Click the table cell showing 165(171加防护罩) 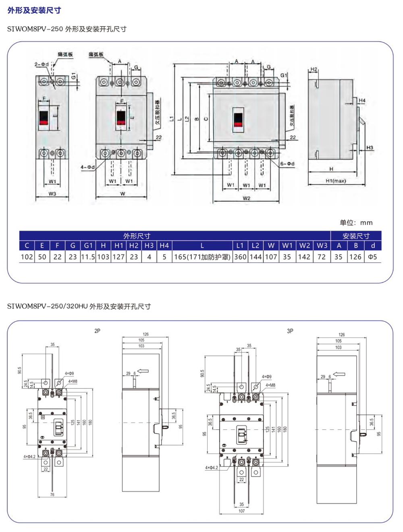click(202, 257)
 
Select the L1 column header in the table click(240, 245)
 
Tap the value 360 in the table click(240, 257)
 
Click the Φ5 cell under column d click(372, 257)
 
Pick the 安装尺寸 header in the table click(356, 236)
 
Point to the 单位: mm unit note click(356, 223)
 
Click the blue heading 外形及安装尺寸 click(34, 10)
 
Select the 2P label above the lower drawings click(97, 331)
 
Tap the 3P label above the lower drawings click(290, 331)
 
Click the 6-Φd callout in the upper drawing click(287, 164)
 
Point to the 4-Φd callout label click(87, 167)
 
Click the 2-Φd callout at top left click(41, 64)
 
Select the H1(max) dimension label click(336, 181)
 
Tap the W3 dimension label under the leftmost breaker click(52, 194)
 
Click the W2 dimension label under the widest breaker click(246, 198)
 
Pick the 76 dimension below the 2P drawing click(52, 495)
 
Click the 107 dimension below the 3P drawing click(241, 511)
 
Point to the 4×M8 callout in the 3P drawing click(270, 385)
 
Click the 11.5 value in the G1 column click(88, 257)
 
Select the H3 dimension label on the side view click(370, 148)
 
